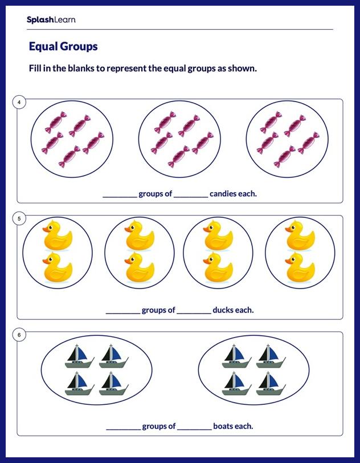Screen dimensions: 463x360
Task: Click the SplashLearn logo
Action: (51, 20)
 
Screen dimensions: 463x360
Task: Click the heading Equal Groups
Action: (63, 46)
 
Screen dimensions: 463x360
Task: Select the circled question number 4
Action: (19, 103)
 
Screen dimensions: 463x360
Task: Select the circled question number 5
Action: (19, 219)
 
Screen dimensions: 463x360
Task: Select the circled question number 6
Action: (19, 335)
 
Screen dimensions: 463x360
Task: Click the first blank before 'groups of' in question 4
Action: (120, 195)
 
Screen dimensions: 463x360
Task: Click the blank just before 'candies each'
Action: (191, 195)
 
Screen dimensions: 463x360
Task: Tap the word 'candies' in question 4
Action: (223, 194)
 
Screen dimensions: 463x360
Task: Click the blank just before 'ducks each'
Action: (194, 312)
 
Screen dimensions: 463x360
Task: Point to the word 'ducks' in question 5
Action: (223, 311)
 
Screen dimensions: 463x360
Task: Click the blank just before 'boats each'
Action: (194, 428)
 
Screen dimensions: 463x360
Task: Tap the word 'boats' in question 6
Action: (223, 427)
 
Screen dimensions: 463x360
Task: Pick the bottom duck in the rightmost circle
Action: (300, 269)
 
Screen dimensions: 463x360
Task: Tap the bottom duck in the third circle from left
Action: (218, 269)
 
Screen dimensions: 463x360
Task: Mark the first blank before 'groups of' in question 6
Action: (123, 428)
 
